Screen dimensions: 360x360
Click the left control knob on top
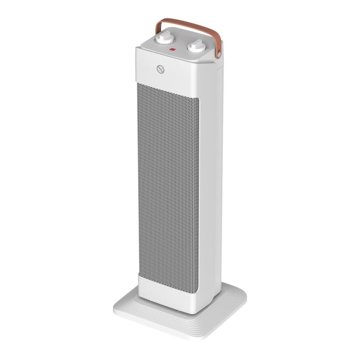pyautogui.click(x=161, y=40)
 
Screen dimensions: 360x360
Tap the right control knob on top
pyautogui.click(x=196, y=46)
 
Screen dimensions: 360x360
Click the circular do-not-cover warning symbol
pyautogui.click(x=158, y=70)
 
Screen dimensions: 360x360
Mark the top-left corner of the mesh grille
pyautogui.click(x=139, y=84)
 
